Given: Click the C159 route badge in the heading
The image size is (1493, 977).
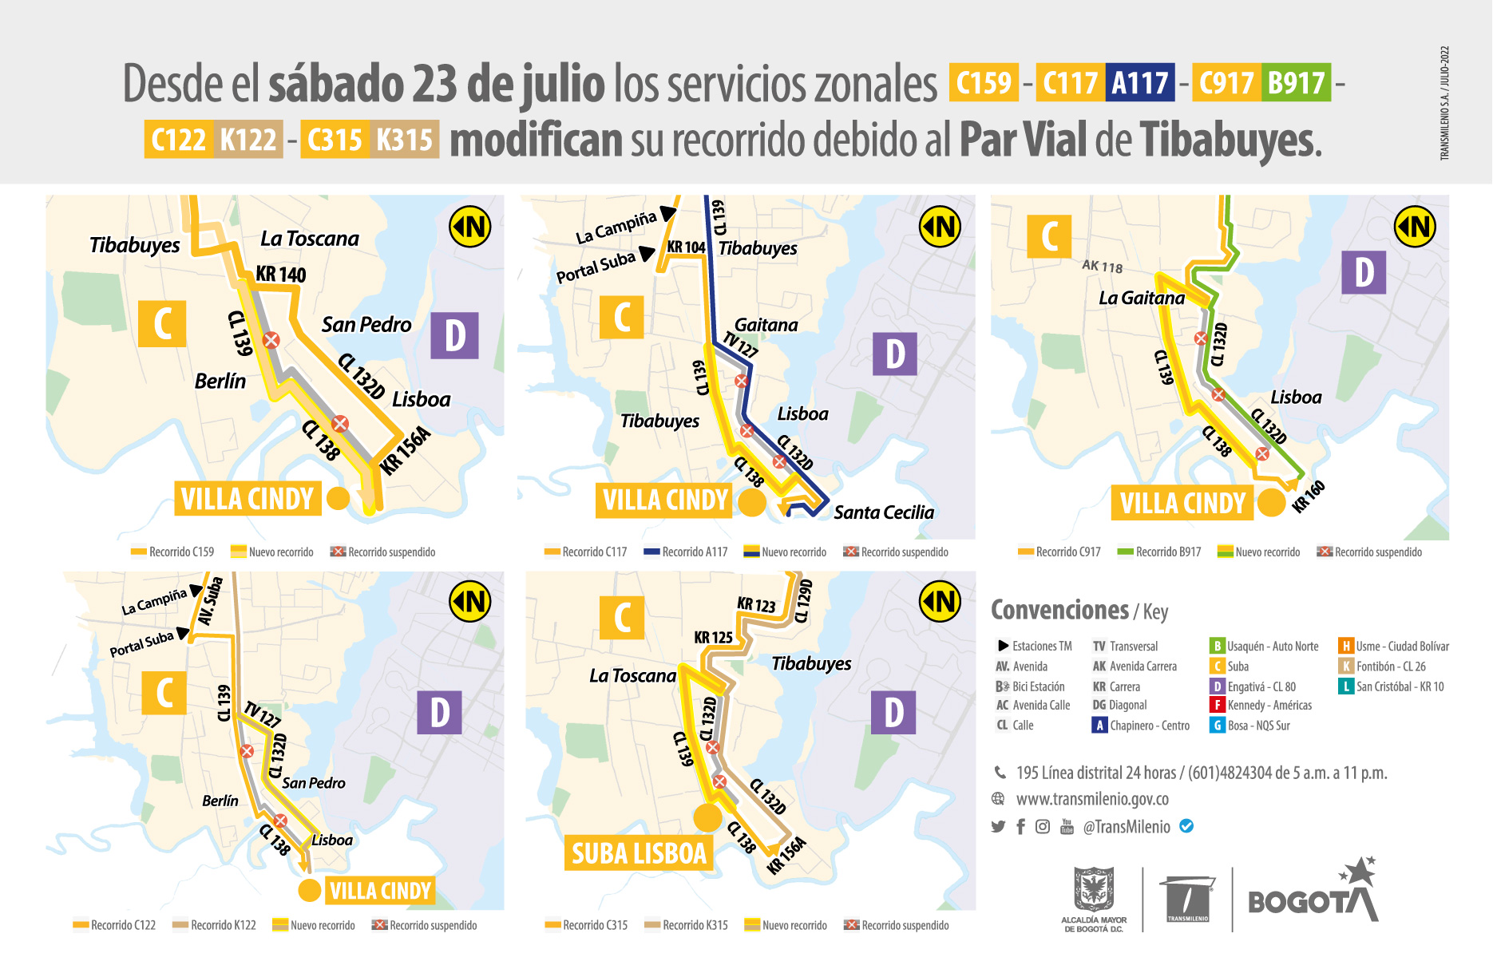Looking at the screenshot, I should (x=984, y=82).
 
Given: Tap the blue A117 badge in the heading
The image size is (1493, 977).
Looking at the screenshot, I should (x=1140, y=82).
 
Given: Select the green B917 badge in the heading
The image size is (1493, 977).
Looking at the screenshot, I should (x=1296, y=82).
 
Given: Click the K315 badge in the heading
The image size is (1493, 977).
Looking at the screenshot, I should (x=404, y=139).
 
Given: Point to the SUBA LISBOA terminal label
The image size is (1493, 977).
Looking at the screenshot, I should (x=639, y=853).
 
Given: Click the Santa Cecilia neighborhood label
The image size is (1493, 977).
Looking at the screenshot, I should (x=883, y=512).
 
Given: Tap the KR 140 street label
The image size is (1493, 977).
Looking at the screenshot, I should (x=280, y=275).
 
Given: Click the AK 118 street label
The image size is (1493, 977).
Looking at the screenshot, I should (x=1102, y=266).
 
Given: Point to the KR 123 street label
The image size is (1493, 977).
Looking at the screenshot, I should (x=756, y=605).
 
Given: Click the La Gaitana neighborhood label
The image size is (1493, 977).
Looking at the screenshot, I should (x=1142, y=299).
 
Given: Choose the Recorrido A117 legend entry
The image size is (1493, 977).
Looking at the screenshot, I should (x=686, y=552).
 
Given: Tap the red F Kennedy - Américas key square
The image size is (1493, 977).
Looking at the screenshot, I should (x=1217, y=706).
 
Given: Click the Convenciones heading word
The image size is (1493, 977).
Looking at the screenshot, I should (x=1059, y=611).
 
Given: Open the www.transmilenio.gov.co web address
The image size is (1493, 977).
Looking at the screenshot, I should (x=1091, y=799).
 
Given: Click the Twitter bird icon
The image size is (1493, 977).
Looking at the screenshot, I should (x=998, y=827).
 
